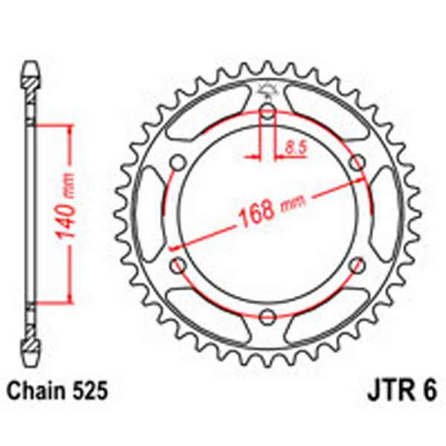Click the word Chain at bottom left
(34, 389)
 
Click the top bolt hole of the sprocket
(268, 113)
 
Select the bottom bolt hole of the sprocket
(268, 318)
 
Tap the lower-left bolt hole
(178, 266)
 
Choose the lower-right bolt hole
(357, 266)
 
